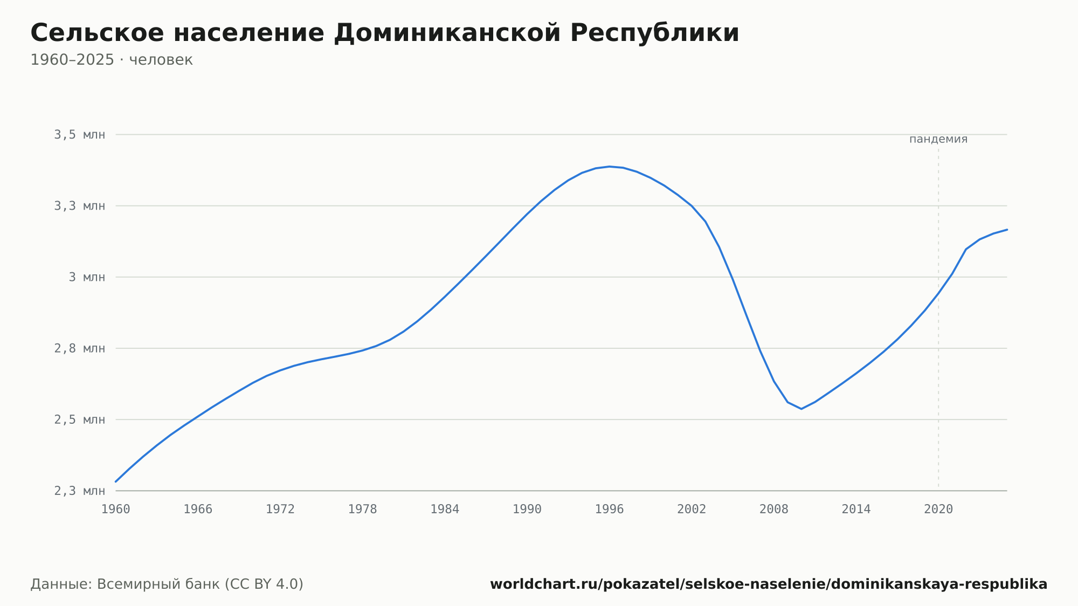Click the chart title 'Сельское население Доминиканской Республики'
coord(385,33)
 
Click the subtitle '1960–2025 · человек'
coord(112,60)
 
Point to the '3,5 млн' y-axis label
coord(80,135)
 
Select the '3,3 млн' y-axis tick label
coord(80,206)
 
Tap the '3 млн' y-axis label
coord(87,277)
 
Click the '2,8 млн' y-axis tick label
coord(80,348)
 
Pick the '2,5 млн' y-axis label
coord(80,419)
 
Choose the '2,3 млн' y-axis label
coord(80,491)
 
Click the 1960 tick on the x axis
coord(116,509)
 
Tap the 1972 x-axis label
coord(280,509)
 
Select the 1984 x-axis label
coord(445,509)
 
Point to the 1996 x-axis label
coord(610,509)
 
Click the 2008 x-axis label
coord(774,509)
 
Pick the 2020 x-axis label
coord(938,509)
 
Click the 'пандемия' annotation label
coord(938,139)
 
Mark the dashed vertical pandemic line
coord(938,319)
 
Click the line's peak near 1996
coord(610,167)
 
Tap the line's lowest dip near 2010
coord(801,409)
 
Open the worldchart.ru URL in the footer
coord(769,584)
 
